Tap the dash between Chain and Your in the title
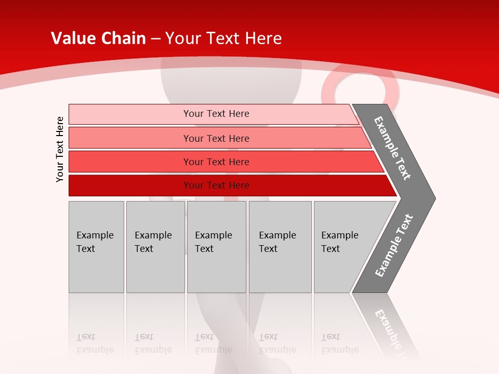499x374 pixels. [x=155, y=39]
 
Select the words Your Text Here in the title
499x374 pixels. [x=224, y=38]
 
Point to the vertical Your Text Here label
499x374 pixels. [x=60, y=149]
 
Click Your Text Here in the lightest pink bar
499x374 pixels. [x=216, y=114]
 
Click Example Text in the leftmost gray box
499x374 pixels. [x=95, y=242]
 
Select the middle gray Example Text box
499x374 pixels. [x=216, y=247]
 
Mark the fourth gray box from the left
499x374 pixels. [x=280, y=247]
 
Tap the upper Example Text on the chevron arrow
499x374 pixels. [x=392, y=148]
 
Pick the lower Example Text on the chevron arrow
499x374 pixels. [x=394, y=246]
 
